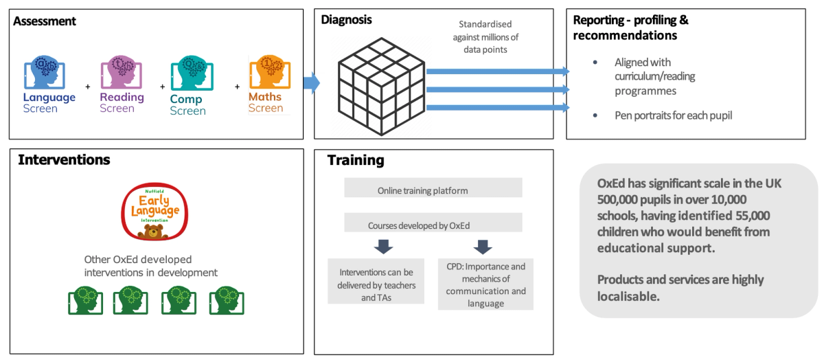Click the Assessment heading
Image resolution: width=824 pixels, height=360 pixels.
tap(45, 21)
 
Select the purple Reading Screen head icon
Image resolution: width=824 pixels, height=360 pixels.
tap(122, 72)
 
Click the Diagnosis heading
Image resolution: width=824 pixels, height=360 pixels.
tap(346, 20)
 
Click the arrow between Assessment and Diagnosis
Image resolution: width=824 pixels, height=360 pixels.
tap(312, 83)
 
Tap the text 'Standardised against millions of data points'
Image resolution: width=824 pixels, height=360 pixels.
tap(485, 37)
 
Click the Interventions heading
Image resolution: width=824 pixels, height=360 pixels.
tap(64, 160)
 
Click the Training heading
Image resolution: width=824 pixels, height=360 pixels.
tap(355, 161)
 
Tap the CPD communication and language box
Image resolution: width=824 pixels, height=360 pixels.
tap(485, 284)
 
